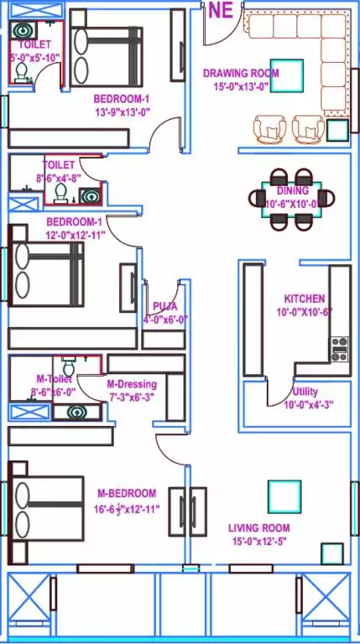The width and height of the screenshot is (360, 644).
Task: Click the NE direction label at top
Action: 220,10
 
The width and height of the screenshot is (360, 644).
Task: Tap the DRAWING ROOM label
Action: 241,73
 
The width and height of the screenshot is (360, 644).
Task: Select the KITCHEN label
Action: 304,299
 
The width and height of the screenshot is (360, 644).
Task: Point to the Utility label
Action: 305,392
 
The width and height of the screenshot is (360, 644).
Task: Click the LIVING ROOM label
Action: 259,527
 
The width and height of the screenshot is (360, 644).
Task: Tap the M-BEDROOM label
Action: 126,492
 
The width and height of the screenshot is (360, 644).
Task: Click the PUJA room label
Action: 164,306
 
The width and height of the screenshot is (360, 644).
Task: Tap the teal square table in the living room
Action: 284,496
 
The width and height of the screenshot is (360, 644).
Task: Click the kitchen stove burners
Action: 340,349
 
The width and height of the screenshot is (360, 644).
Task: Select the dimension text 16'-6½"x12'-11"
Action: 128,508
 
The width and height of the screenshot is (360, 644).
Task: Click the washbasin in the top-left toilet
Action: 23,30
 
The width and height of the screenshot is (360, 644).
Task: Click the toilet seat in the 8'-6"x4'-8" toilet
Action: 60,194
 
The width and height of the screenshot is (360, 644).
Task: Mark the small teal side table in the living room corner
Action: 332,553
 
